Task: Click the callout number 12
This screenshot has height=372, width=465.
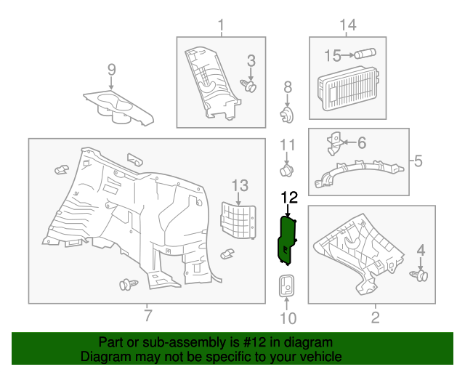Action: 289,197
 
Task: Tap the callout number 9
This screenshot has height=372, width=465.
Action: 112,70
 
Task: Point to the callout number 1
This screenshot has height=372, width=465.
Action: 221,27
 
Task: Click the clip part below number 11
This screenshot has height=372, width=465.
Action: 287,171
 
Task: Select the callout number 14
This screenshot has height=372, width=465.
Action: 348,26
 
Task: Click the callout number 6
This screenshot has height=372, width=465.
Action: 362,143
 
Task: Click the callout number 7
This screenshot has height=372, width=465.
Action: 147,315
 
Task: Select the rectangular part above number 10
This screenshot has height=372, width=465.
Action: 287,286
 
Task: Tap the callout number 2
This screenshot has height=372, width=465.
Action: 375,316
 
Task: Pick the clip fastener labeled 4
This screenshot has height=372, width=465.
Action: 419,276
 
